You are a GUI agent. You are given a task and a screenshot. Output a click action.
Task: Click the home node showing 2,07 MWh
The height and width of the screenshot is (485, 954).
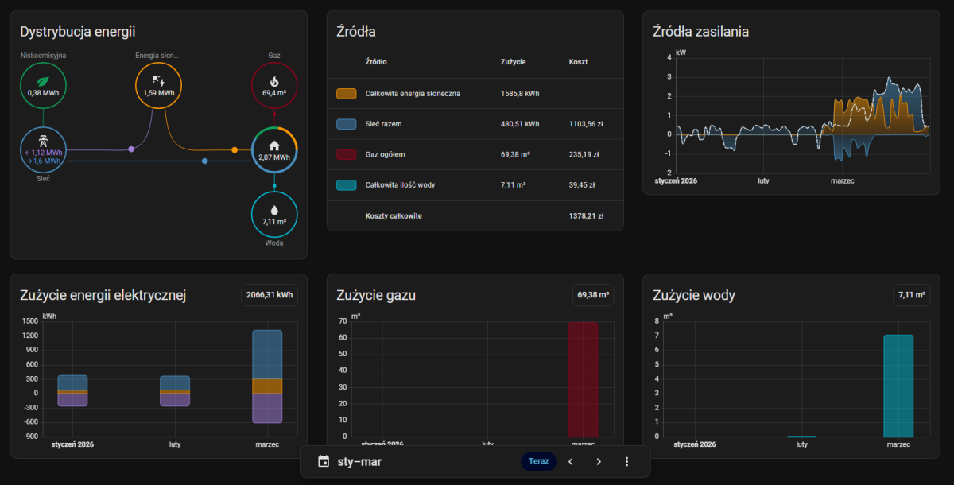tap(274, 150)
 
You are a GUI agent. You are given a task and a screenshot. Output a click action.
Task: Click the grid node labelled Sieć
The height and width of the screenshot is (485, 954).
tap(43, 150)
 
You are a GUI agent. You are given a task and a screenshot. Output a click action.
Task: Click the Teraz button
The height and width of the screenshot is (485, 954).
tap(539, 461)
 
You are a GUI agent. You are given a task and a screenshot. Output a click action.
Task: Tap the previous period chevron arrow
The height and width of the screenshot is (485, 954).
tap(570, 461)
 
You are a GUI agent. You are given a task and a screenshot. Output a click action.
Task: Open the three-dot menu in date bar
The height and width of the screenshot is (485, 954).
tap(626, 461)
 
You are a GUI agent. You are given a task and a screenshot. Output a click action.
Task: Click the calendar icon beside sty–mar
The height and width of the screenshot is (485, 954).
tap(323, 461)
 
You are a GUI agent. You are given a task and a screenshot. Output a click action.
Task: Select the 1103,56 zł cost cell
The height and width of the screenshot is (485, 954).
tap(587, 124)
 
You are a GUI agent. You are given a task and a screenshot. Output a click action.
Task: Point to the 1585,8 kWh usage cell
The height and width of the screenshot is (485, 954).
tap(520, 94)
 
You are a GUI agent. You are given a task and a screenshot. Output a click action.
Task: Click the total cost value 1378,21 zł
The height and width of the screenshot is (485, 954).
tap(587, 215)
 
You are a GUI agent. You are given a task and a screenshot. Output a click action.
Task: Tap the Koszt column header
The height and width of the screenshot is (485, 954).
tap(579, 62)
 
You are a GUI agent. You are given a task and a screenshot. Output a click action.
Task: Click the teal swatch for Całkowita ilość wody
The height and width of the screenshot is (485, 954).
tap(346, 185)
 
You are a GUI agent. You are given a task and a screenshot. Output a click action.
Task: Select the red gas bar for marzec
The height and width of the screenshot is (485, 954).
tap(583, 379)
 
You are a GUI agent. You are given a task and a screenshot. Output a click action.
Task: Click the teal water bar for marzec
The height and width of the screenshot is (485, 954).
tap(898, 386)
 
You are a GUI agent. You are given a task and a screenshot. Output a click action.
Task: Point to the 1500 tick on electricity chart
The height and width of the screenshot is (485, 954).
tap(30, 321)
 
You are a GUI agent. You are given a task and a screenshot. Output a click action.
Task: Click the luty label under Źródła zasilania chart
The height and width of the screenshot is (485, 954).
tap(763, 181)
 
